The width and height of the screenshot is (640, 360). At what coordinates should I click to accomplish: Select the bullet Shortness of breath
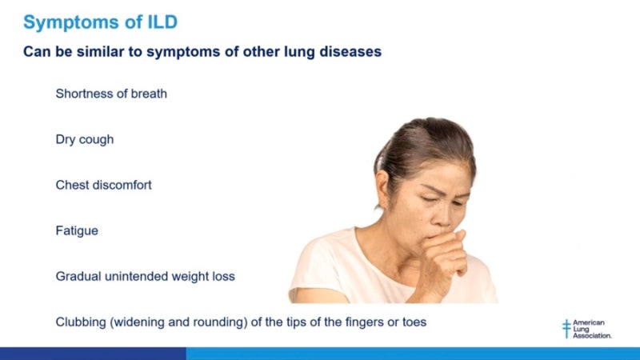tap(111, 94)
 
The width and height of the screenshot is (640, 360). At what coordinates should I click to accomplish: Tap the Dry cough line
tap(85, 139)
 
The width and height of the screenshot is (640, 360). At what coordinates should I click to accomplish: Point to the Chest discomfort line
tap(103, 185)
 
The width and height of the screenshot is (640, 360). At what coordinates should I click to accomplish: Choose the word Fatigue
tap(77, 230)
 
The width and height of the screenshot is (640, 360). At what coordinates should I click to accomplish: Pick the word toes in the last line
tap(414, 322)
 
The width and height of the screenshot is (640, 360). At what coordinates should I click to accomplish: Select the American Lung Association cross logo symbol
tap(567, 328)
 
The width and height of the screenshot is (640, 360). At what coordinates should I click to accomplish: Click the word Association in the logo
tap(593, 335)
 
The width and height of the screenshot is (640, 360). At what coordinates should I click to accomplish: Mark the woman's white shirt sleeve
tap(316, 272)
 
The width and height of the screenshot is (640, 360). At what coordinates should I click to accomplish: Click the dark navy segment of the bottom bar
tap(92, 354)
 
